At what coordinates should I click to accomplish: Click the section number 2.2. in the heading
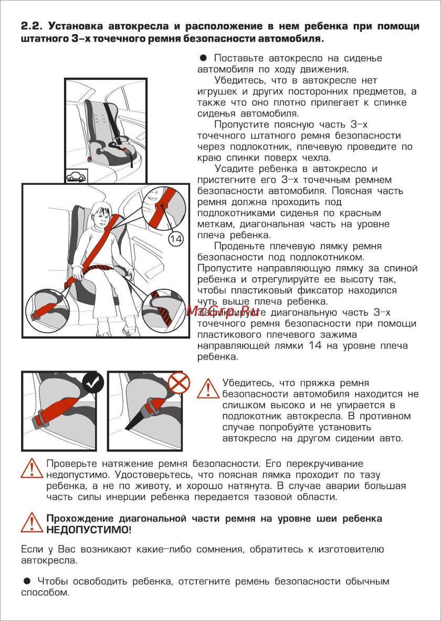tap(31, 26)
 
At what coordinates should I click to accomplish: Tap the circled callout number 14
tap(176, 239)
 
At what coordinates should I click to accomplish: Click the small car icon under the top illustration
tap(77, 176)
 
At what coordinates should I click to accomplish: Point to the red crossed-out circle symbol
tap(180, 383)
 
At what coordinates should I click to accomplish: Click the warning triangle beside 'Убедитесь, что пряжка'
tap(208, 389)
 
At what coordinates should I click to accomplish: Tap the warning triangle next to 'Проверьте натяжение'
tap(31, 468)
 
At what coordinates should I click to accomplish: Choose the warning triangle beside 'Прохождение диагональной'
tap(31, 522)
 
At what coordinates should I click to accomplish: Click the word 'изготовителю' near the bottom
tap(351, 550)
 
